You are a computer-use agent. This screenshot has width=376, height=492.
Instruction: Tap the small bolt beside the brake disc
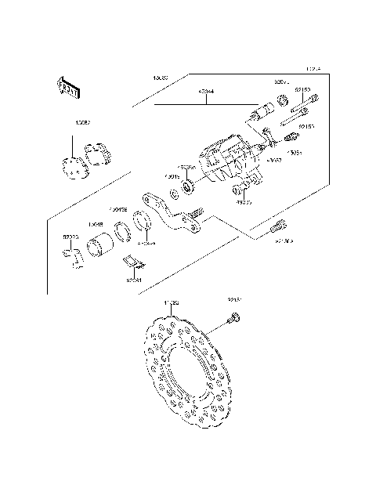tap(233, 318)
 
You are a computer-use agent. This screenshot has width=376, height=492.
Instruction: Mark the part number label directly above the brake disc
tap(172, 302)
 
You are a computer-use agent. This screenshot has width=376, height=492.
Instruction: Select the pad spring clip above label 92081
tap(134, 261)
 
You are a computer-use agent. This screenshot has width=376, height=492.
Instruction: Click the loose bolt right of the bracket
tap(277, 228)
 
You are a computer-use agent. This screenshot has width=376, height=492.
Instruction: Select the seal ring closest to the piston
tap(122, 231)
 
